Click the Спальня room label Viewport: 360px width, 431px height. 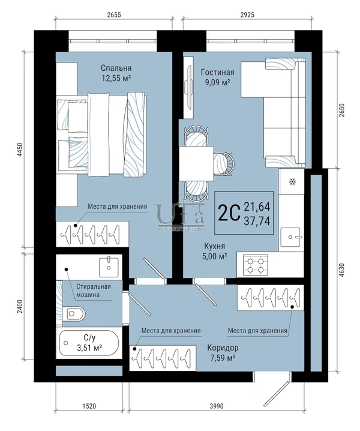point(116,68)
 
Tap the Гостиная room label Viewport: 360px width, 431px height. point(217,72)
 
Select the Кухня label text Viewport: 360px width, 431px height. point(214,246)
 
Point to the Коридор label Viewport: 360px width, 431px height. point(223,348)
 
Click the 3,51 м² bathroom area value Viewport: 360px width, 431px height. point(90,348)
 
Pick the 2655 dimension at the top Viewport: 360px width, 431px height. point(114,14)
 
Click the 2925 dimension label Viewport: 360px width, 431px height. point(247,14)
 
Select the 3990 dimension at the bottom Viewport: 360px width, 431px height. point(217,406)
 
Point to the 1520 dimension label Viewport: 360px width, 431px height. point(89,406)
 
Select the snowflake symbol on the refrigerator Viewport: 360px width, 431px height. point(292,182)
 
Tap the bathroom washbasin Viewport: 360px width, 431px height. point(109,267)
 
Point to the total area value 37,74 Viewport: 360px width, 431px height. point(257,221)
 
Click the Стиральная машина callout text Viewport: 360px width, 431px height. point(94,291)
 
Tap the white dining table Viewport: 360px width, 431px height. point(196,163)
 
